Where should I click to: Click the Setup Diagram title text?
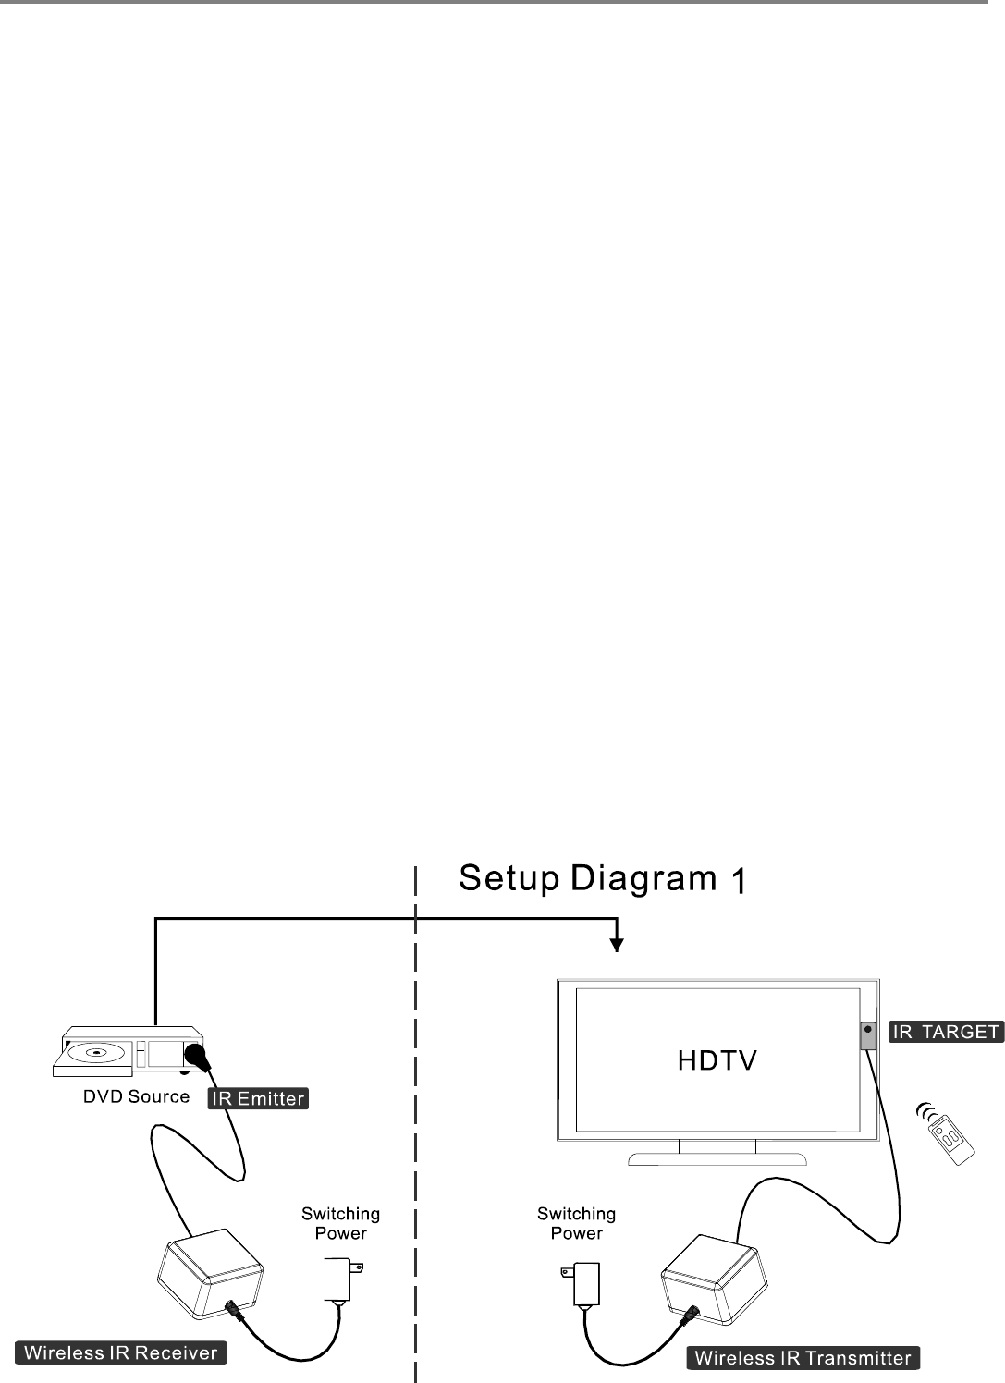(588, 878)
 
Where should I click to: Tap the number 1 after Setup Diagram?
(739, 881)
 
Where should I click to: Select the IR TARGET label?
(946, 1032)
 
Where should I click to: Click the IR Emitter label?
(258, 1098)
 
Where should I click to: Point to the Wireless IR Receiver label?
(121, 1353)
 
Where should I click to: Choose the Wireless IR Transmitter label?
(803, 1358)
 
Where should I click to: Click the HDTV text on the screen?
(717, 1060)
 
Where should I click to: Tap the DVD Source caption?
(136, 1097)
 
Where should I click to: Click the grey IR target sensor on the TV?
(869, 1035)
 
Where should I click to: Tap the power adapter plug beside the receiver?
(339, 1280)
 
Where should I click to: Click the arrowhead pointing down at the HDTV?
(617, 945)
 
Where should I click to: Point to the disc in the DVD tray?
(93, 1051)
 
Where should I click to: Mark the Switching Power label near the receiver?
(340, 1223)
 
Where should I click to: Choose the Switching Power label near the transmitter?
(576, 1223)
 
